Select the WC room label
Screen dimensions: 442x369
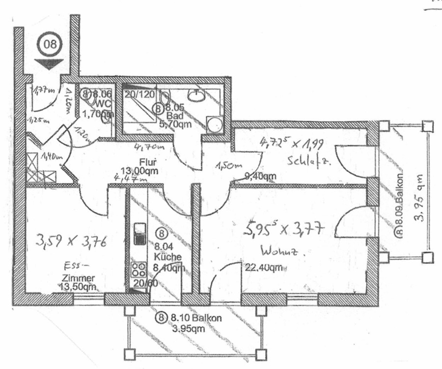coord(103,104)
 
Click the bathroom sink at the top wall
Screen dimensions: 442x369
coord(197,94)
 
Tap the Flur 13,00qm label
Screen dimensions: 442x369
coord(147,165)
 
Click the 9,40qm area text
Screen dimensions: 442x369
coord(264,176)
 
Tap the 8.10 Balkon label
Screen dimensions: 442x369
coord(193,318)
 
